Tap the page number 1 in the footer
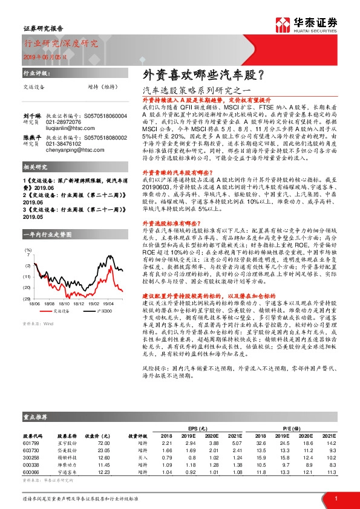336,498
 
